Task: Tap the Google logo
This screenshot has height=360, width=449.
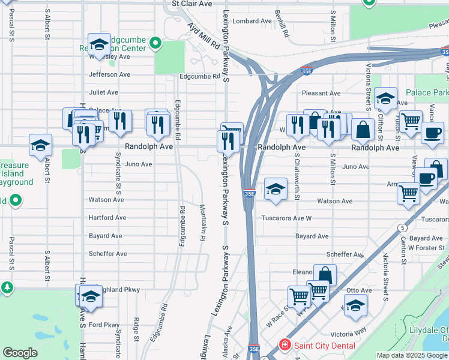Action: (x=20, y=353)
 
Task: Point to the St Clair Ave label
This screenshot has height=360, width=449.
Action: (x=192, y=4)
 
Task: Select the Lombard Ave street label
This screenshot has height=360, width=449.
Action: (x=252, y=21)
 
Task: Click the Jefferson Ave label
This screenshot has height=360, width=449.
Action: (x=109, y=75)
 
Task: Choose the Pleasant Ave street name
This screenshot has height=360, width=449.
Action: (x=321, y=93)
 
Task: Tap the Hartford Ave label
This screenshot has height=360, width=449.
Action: (x=107, y=218)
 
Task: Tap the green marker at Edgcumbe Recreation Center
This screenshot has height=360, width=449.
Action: (x=155, y=43)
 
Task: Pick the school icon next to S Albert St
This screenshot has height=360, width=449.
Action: (x=41, y=145)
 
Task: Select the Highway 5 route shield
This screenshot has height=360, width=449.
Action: (x=402, y=228)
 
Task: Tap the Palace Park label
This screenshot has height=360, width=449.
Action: (x=427, y=93)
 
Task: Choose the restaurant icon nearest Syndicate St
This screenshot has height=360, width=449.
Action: (x=120, y=121)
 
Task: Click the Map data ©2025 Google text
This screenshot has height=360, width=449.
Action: (x=411, y=355)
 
